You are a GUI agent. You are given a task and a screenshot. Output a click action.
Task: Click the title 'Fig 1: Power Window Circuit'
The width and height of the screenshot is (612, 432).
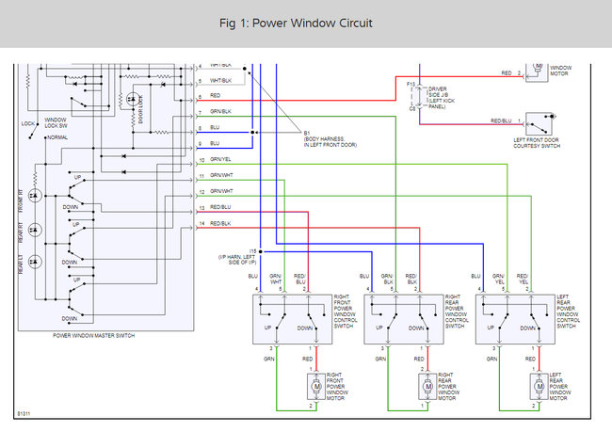tap(306, 23)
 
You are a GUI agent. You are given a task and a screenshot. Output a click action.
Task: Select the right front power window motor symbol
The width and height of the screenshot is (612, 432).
tap(314, 384)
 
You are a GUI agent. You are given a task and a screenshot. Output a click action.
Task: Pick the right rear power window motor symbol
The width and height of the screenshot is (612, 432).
tap(427, 384)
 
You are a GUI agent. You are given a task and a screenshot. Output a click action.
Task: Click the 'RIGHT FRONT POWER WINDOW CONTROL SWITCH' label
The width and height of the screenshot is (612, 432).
tap(343, 310)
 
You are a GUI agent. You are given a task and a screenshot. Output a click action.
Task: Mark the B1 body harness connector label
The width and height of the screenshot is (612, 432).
tap(307, 132)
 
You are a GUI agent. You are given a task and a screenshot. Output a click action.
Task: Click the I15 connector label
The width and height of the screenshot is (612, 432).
tap(253, 251)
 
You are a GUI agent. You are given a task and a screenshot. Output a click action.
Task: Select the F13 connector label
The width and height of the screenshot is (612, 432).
tap(411, 85)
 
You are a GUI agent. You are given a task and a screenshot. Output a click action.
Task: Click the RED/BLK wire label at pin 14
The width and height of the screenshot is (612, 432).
tap(220, 223)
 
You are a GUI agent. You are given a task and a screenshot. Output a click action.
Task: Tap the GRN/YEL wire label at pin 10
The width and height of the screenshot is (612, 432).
tap(220, 159)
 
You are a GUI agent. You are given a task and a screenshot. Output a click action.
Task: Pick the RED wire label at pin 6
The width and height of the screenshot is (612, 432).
tap(216, 96)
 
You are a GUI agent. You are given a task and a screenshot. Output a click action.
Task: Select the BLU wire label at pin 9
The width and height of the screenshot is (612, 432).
tap(215, 143)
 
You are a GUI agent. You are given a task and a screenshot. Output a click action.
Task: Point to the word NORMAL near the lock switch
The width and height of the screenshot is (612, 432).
tap(56, 137)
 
